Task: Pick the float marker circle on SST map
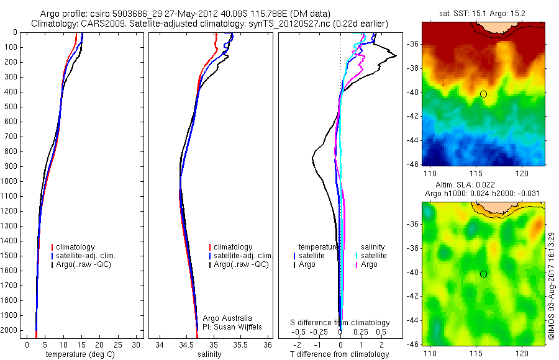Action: click(x=483, y=94)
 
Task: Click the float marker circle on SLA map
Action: click(x=483, y=274)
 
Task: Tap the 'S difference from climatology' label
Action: click(x=340, y=323)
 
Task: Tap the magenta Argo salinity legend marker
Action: click(x=356, y=265)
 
